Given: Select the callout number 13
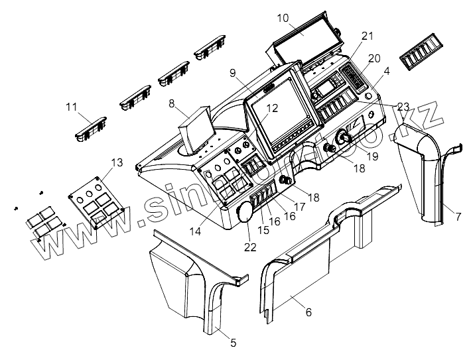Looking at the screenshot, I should click(x=117, y=162).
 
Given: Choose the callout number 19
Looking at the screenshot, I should click(x=372, y=156).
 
